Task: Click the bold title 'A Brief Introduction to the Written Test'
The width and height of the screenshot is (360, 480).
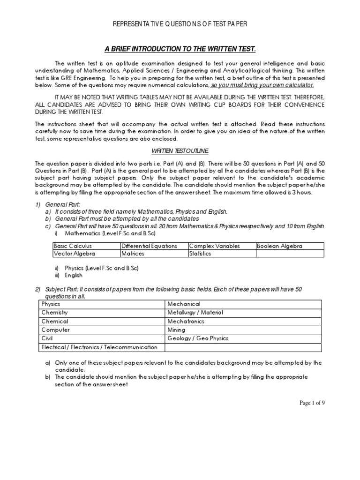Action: (x=180, y=49)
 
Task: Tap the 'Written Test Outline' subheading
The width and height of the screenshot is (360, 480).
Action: (x=180, y=151)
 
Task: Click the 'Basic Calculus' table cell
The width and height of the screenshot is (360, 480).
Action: (x=73, y=246)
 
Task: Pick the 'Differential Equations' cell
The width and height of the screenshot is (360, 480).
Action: (x=149, y=246)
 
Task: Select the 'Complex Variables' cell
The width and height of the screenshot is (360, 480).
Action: (x=214, y=246)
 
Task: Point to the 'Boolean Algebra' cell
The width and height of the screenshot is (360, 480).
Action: (x=279, y=246)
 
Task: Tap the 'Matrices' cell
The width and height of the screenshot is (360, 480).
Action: (x=133, y=254)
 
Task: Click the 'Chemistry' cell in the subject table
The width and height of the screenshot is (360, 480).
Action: (x=55, y=313)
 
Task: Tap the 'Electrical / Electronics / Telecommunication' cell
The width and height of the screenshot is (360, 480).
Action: (x=99, y=347)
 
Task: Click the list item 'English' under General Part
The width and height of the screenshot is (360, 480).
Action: (x=74, y=276)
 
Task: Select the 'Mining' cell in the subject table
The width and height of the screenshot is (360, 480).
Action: (x=176, y=330)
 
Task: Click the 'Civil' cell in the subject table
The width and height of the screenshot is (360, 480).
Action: (x=47, y=338)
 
